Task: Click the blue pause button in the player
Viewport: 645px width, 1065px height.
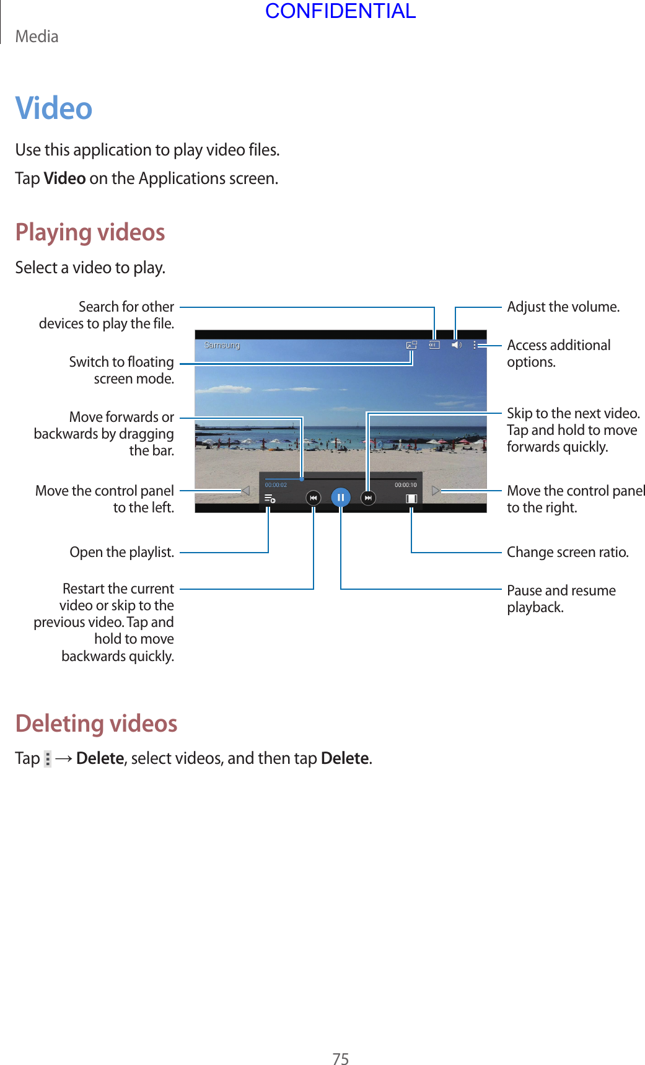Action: click(x=341, y=497)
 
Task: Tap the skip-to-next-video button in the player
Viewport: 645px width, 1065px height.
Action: click(x=368, y=497)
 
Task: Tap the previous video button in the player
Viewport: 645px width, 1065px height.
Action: click(x=314, y=497)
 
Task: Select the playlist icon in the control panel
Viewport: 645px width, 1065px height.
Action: click(x=270, y=498)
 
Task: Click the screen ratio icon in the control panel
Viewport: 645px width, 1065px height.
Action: click(x=411, y=498)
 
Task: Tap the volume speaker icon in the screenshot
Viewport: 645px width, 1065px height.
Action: click(x=457, y=345)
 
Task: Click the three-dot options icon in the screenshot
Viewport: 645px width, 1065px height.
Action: click(x=475, y=345)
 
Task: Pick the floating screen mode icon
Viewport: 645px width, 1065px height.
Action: click(x=411, y=345)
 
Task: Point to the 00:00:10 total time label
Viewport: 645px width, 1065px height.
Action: click(x=406, y=485)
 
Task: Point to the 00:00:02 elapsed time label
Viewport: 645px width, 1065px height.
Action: click(x=276, y=485)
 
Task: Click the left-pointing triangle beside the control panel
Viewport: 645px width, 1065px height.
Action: click(x=245, y=491)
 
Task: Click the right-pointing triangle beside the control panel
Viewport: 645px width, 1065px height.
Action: click(x=436, y=491)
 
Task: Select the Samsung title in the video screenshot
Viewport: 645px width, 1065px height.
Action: click(x=222, y=345)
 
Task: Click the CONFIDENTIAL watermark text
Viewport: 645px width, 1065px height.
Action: click(x=340, y=11)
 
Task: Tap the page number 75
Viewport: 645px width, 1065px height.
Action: click(x=341, y=1059)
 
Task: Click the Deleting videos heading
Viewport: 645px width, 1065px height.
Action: click(x=97, y=723)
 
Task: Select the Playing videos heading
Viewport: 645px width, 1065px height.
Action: click(x=90, y=232)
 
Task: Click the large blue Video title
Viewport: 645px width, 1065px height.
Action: click(x=54, y=108)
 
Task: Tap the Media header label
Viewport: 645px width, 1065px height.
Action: click(x=37, y=37)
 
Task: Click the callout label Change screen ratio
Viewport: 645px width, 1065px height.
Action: click(x=568, y=552)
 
